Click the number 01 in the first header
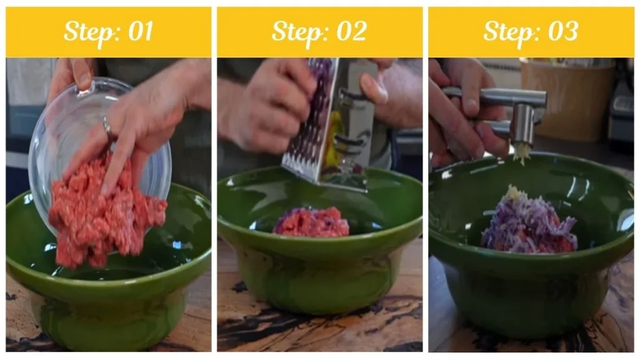click(x=139, y=32)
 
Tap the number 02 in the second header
click(x=351, y=32)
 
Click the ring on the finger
click(x=107, y=128)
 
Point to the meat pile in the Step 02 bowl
click(x=311, y=222)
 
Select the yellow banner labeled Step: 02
click(x=319, y=32)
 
